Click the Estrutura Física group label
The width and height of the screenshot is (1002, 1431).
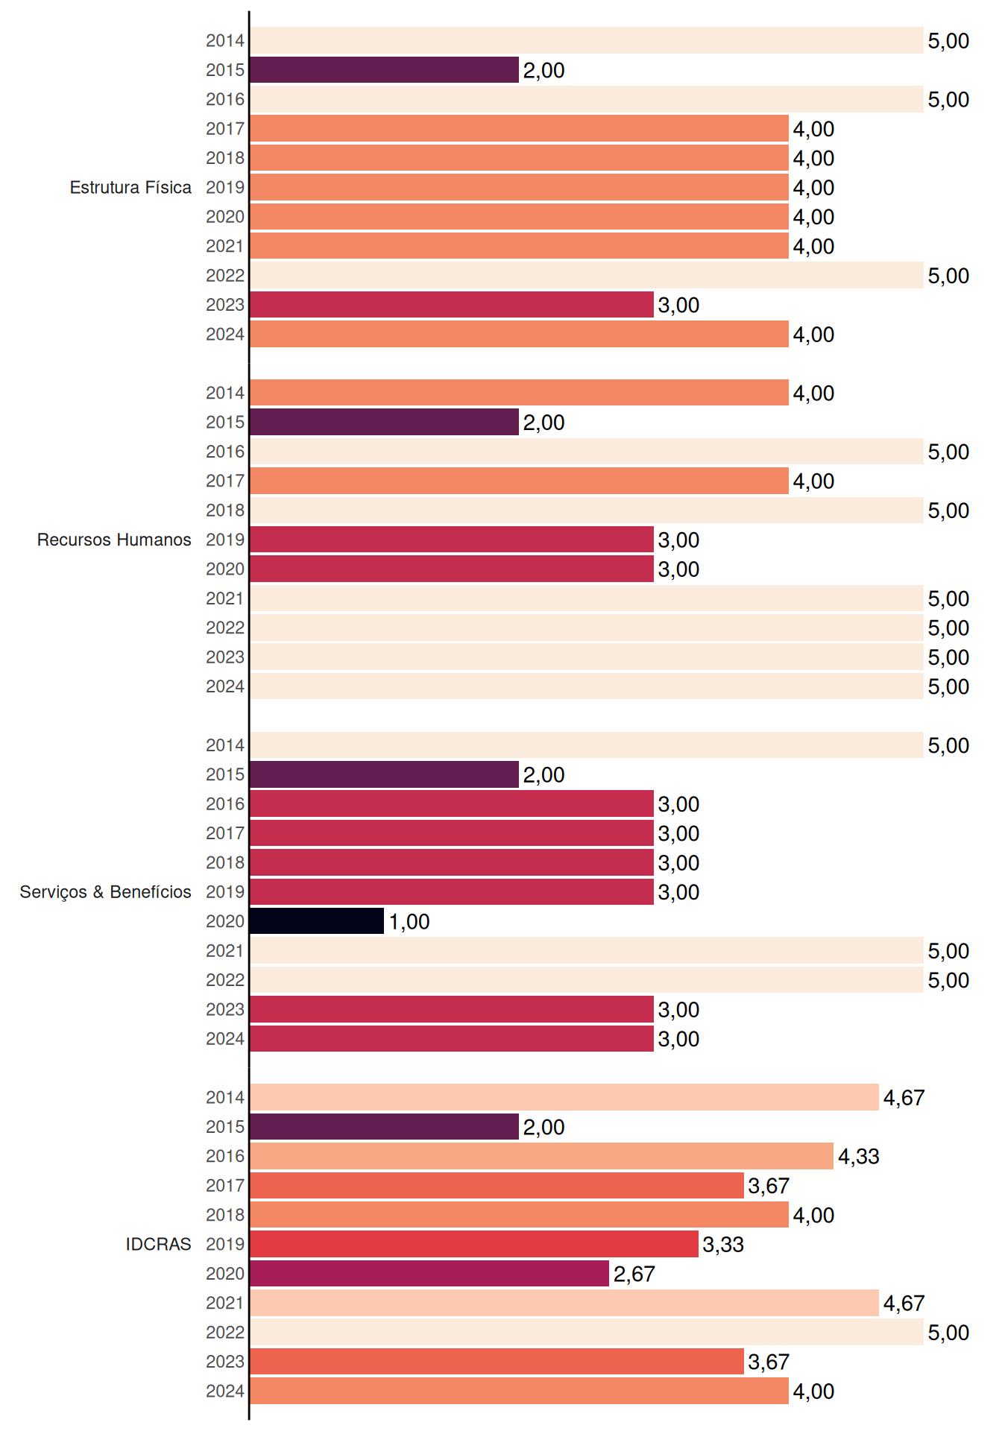(x=130, y=187)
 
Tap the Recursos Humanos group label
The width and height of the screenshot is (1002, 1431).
(x=114, y=540)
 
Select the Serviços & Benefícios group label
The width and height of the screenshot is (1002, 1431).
(x=105, y=891)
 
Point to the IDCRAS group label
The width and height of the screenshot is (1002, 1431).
(x=158, y=1244)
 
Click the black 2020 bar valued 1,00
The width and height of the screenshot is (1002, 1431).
(x=317, y=921)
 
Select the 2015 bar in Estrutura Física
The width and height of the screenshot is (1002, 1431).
(x=384, y=70)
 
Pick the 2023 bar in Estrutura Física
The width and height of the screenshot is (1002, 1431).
(x=452, y=305)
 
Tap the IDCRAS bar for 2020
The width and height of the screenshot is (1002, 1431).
(x=429, y=1273)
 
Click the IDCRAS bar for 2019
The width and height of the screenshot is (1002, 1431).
(x=474, y=1244)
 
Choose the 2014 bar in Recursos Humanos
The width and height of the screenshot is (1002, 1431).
(x=519, y=393)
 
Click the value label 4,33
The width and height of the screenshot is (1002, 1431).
(x=859, y=1157)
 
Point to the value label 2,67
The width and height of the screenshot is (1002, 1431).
(x=634, y=1274)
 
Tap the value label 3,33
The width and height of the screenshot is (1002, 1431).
(x=723, y=1245)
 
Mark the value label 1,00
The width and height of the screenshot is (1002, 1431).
(x=409, y=922)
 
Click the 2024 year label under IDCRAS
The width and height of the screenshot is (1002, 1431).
(x=225, y=1391)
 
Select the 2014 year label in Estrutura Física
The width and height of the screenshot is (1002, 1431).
(x=225, y=40)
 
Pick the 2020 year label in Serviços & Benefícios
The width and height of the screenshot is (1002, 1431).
(x=225, y=921)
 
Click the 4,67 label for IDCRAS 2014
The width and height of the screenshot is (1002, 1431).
(x=904, y=1098)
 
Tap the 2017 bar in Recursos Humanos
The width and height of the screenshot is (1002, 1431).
(x=519, y=481)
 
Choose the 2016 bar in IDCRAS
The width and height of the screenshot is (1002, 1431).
(x=541, y=1156)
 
